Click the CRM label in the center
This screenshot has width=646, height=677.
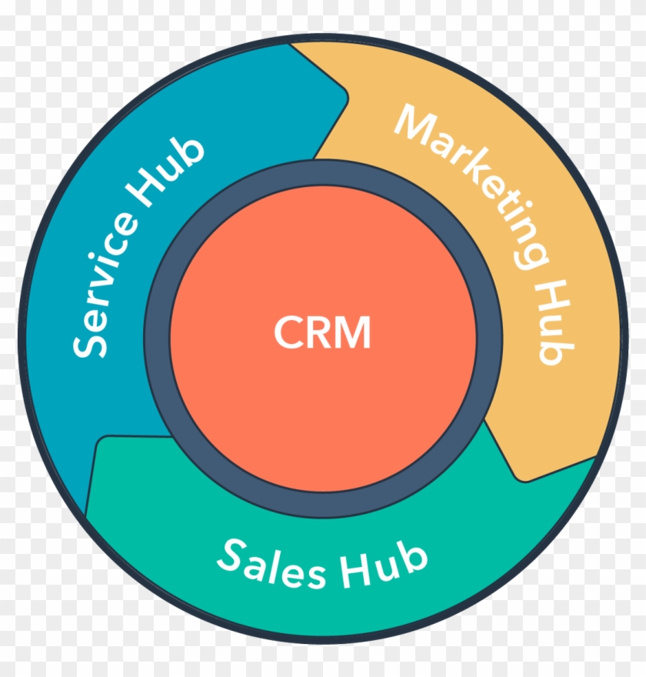coord(322,332)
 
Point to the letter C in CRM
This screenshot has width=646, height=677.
coord(287,332)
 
